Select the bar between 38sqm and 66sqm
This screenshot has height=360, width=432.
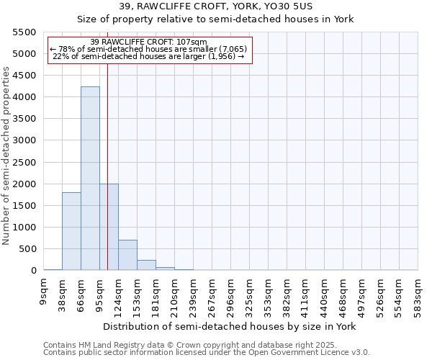point(71,231)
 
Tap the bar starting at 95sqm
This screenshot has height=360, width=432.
point(109,227)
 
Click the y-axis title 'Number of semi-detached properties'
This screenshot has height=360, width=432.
point(6,156)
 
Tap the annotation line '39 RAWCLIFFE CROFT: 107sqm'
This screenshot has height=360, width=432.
point(149,42)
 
